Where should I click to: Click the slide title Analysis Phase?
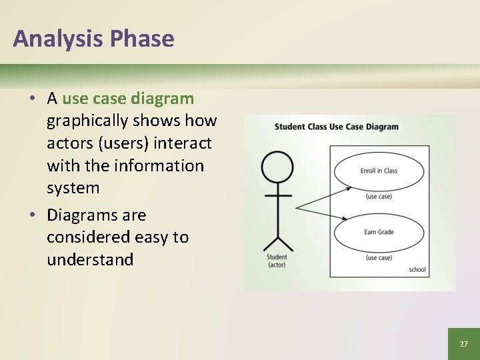click(93, 39)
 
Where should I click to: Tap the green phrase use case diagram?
click(128, 99)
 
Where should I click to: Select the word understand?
click(90, 260)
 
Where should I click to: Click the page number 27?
click(463, 344)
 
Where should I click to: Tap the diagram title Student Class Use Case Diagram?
click(336, 127)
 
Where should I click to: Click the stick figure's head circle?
click(277, 167)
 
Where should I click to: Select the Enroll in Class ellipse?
click(379, 171)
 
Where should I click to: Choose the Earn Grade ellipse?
click(379, 232)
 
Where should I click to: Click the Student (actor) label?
click(277, 261)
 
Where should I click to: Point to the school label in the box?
click(417, 270)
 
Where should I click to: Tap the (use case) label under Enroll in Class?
click(379, 197)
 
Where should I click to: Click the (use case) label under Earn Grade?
click(379, 258)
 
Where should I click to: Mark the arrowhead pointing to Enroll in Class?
click(349, 189)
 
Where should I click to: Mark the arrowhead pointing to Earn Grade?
click(343, 218)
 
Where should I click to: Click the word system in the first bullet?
click(73, 188)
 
